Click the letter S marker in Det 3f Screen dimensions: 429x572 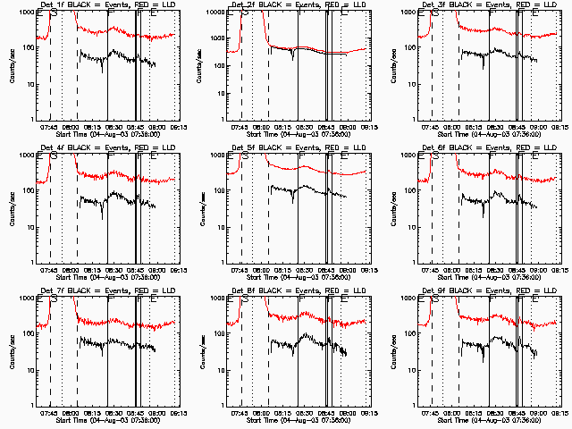coord(433,13)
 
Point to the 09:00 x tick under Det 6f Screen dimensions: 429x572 coord(538,271)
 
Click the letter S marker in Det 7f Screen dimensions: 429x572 coord(53,299)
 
